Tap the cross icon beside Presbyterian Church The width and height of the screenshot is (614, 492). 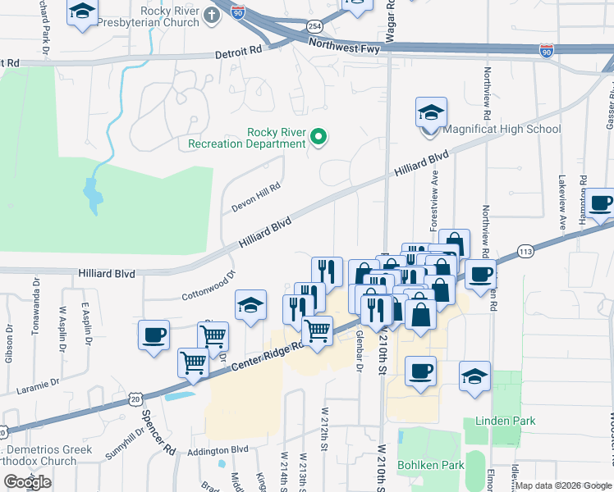point(211,16)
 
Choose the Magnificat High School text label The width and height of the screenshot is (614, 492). point(502,129)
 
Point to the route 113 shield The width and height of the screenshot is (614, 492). point(526,250)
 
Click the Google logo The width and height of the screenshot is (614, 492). point(27,482)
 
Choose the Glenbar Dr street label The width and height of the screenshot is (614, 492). point(359,350)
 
